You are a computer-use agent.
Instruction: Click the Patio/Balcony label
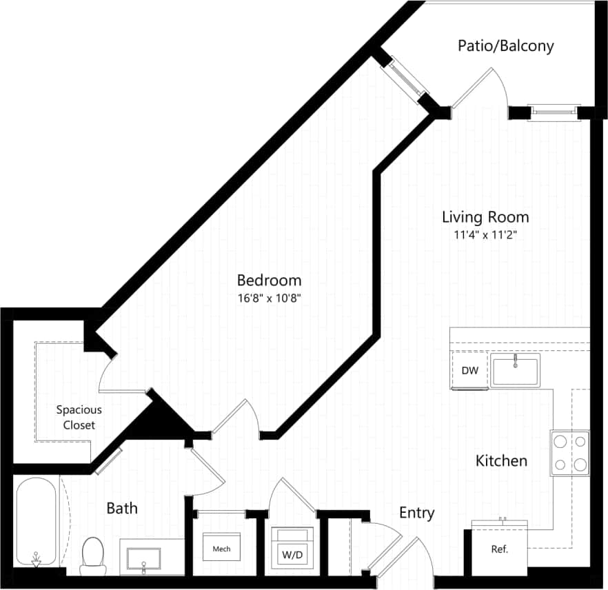click(505, 46)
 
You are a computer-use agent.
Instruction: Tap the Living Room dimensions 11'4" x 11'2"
click(485, 234)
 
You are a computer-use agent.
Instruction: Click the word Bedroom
click(269, 281)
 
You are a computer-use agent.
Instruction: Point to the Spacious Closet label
click(79, 418)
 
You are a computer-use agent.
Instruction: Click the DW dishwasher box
click(469, 371)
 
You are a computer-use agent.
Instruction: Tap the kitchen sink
click(515, 372)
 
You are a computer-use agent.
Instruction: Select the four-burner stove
click(569, 454)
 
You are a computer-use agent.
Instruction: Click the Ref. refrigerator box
click(499, 549)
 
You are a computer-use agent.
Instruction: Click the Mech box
click(221, 549)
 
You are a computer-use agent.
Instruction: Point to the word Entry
click(417, 513)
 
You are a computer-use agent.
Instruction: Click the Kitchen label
click(501, 460)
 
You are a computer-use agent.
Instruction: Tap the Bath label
click(122, 509)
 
